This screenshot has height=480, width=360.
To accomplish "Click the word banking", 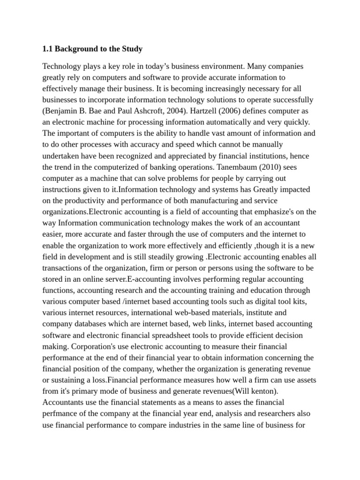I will pyautogui.click(x=166, y=167).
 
